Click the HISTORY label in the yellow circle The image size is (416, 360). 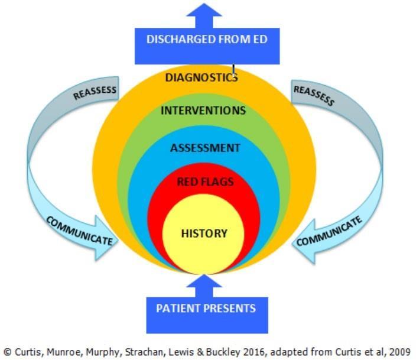[x=204, y=233]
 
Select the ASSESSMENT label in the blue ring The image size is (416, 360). [x=205, y=148]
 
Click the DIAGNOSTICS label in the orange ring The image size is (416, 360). [x=201, y=77]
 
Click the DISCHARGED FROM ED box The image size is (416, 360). [x=206, y=40]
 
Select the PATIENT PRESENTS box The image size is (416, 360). [x=206, y=308]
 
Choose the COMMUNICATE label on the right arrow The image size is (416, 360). [x=329, y=232]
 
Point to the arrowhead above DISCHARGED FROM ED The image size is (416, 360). [x=206, y=11]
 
